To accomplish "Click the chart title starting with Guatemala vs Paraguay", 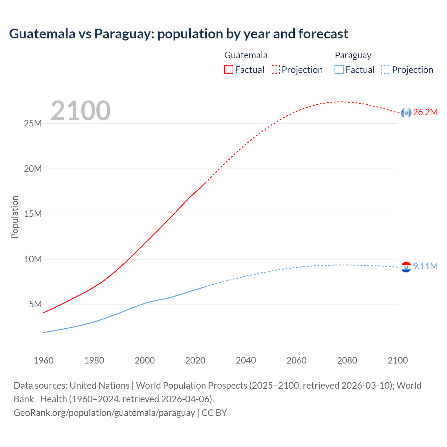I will [178, 34].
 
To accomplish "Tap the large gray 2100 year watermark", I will [81, 111].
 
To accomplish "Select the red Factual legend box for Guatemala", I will [229, 69].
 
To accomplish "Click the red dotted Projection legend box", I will [275, 69].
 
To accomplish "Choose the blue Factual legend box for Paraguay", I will [339, 69].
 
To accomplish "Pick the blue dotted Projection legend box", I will [386, 69].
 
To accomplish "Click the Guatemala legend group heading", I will [246, 55].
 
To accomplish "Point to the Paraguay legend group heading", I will [353, 55].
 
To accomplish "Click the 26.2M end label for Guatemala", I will [425, 112].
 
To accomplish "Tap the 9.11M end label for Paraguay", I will [425, 266].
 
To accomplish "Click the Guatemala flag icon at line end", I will [406, 112].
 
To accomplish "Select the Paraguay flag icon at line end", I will [406, 267].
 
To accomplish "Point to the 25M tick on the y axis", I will [33, 124].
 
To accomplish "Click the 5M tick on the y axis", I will [35, 304].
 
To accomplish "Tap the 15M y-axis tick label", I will [33, 214].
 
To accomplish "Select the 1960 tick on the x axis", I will [44, 360].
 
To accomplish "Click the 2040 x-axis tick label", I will [246, 360].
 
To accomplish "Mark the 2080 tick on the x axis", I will [347, 360].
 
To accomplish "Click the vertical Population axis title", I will [15, 217].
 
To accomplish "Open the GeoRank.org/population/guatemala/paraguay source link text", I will [104, 413].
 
